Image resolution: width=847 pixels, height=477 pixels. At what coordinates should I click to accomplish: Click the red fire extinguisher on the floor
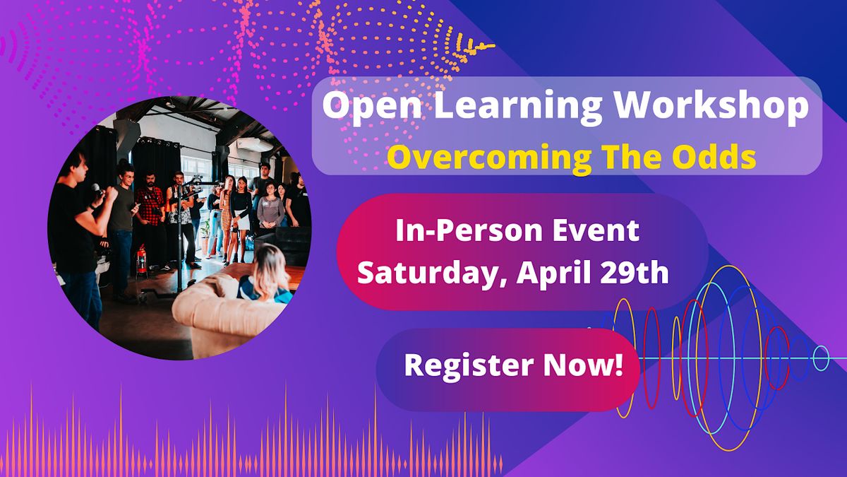coord(142,260)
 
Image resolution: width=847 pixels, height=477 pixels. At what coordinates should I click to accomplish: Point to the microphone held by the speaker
coord(96,190)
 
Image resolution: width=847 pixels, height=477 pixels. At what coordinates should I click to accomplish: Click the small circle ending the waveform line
coord(820,358)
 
